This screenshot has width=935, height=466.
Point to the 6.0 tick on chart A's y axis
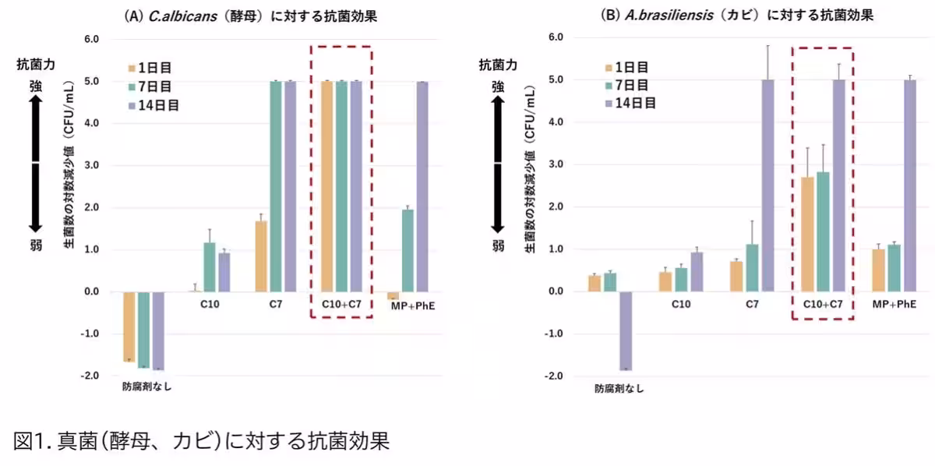tap(91, 39)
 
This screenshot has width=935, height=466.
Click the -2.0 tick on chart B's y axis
tap(555, 376)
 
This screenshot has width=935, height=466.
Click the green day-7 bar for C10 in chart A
tap(209, 267)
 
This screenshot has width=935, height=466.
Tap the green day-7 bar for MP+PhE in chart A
tap(408, 250)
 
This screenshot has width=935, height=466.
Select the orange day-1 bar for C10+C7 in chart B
tap(808, 234)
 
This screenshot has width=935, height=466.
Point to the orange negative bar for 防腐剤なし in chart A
tap(129, 327)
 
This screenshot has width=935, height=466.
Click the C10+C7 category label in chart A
tap(341, 304)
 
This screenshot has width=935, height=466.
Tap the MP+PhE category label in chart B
tap(894, 304)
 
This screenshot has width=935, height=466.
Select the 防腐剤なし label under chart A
tap(146, 387)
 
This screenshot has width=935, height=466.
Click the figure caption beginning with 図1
tap(201, 441)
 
